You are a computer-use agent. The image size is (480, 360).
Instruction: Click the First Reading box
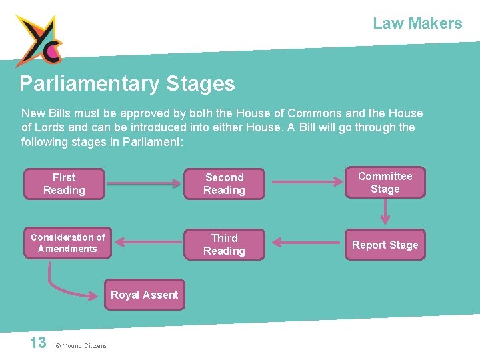point(64,184)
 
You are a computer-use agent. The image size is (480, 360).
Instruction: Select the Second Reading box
point(224,184)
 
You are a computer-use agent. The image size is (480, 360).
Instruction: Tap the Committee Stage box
point(385,183)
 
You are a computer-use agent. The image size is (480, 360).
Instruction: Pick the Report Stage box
point(385,245)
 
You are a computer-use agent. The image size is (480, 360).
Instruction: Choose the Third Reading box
point(224,245)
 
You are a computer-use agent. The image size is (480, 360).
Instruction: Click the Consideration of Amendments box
point(67,243)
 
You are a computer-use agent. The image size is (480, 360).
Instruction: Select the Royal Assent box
point(144,295)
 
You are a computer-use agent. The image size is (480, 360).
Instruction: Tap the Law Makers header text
point(417,23)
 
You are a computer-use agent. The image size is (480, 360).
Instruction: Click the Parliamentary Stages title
point(127,84)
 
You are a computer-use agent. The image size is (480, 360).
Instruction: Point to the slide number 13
point(38,343)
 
